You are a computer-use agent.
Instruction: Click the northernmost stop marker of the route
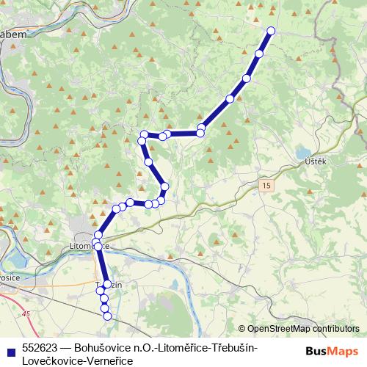click(271, 31)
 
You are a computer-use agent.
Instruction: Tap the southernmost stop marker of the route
click(107, 316)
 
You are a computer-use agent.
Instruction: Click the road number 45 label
click(27, 315)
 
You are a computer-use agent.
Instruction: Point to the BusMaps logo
click(330, 351)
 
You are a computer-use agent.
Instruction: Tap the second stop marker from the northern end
click(259, 54)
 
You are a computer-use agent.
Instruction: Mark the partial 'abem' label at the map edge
click(12, 34)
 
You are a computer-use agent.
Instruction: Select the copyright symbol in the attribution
click(242, 328)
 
